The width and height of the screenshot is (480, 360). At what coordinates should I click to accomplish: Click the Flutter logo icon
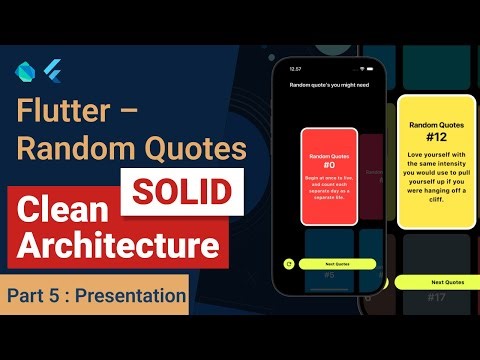[x=53, y=70]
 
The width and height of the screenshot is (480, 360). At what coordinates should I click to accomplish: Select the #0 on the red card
[x=329, y=166]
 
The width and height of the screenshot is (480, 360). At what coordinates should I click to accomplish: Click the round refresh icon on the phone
[x=288, y=264]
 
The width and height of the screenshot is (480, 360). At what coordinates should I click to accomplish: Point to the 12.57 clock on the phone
[x=295, y=70]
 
